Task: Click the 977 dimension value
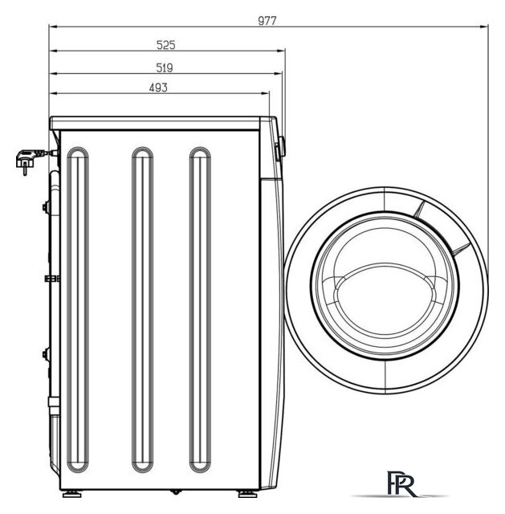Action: (267, 21)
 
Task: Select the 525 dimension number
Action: (166, 45)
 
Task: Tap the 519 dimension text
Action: (164, 67)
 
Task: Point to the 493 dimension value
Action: (158, 88)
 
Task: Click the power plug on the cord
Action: (26, 160)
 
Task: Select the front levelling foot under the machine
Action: (248, 494)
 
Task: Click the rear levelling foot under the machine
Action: (71, 494)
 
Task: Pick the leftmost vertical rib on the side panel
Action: (78, 310)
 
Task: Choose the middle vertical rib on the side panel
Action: (142, 310)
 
